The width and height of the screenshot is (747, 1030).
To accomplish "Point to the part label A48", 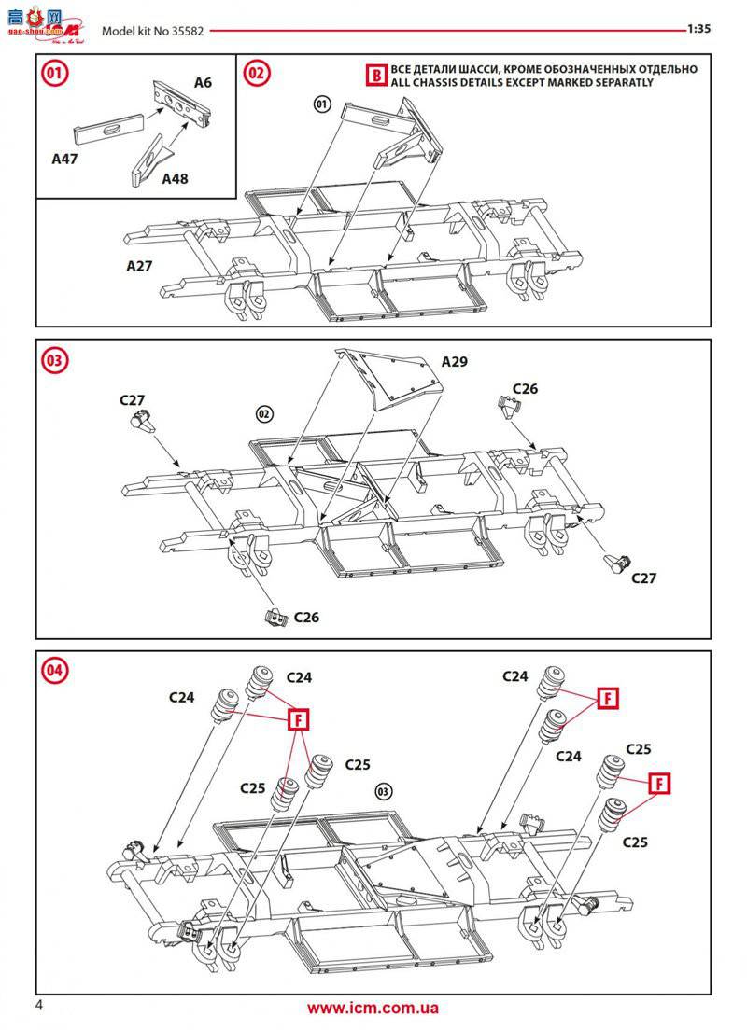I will click(x=175, y=177).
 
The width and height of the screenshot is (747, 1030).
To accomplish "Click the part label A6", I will click(x=203, y=83).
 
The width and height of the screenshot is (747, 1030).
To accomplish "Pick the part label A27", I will click(x=139, y=265).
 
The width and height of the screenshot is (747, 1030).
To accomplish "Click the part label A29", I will click(x=455, y=361).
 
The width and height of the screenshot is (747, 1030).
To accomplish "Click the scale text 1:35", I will click(x=699, y=29).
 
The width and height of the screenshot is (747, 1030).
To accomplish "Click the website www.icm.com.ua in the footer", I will click(x=373, y=1009).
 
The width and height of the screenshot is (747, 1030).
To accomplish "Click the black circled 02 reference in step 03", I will click(x=264, y=412).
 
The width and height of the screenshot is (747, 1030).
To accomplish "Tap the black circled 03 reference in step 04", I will click(x=384, y=791).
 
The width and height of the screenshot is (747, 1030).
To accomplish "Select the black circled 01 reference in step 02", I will click(x=322, y=104).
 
